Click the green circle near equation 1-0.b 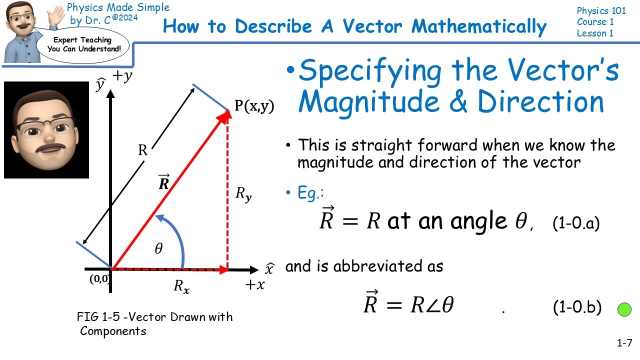click(624, 309)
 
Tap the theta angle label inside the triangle click(158, 248)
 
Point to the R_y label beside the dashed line click(243, 193)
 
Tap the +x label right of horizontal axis click(254, 285)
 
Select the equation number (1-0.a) click(576, 223)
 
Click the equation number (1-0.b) click(577, 307)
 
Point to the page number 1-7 click(624, 343)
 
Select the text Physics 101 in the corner click(601, 11)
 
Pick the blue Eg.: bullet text click(307, 193)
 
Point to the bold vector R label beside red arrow click(163, 182)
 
